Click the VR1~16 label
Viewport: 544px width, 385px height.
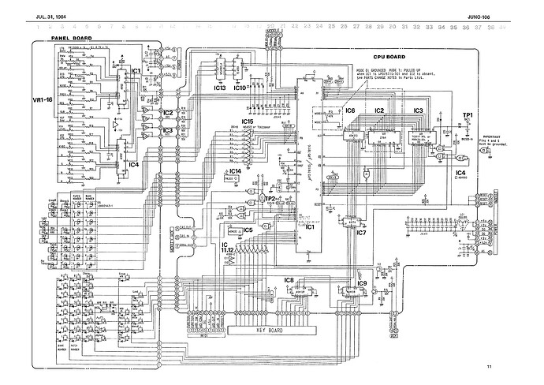tap(39, 101)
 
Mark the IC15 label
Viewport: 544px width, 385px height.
tap(247, 122)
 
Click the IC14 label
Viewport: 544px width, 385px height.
tap(234, 170)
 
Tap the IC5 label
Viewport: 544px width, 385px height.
tap(248, 230)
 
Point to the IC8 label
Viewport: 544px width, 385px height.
tap(289, 280)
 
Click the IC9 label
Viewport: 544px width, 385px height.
tap(362, 283)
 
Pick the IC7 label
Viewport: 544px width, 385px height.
tap(361, 233)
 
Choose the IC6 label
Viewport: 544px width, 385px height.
tap(350, 110)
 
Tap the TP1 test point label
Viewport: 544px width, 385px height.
tap(467, 116)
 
